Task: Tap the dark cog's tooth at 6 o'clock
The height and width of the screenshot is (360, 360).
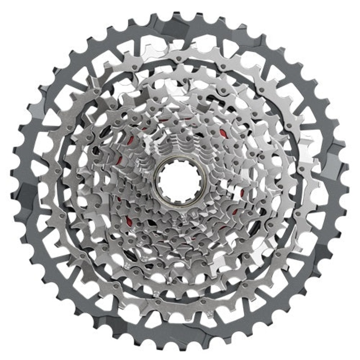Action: pos(180,346)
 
